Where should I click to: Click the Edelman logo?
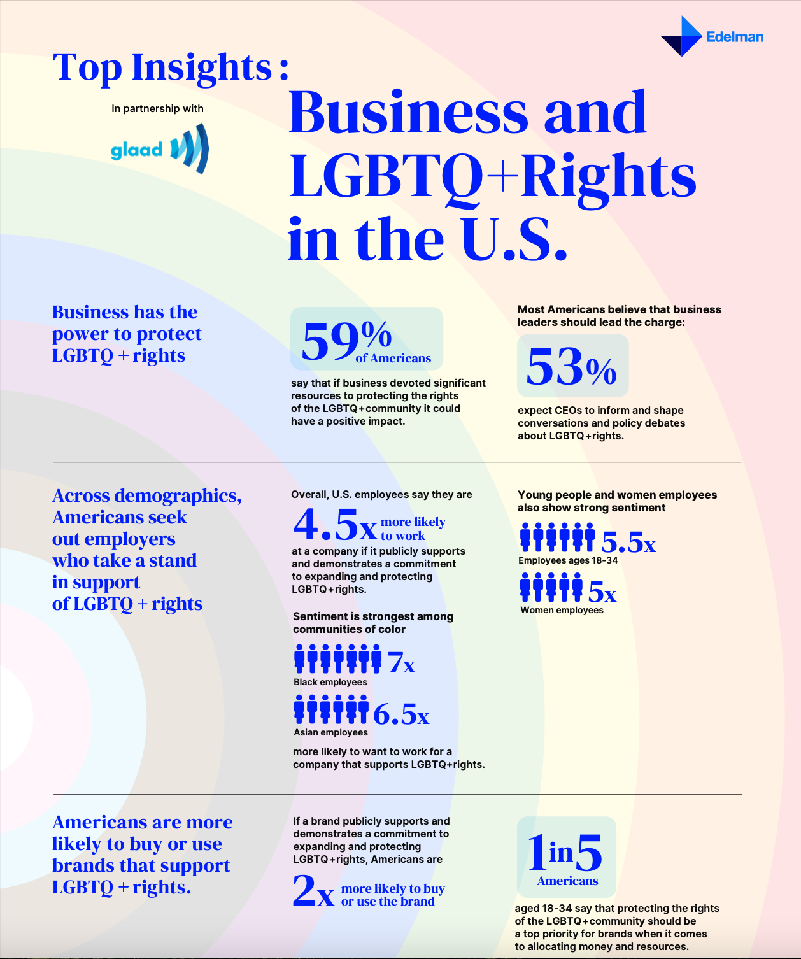(712, 36)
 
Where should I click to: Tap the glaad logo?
(159, 149)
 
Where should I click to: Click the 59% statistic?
(347, 340)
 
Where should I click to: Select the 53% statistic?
(572, 367)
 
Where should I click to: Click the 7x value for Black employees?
(401, 663)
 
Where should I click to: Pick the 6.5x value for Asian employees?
(401, 714)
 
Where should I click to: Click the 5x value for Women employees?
(602, 592)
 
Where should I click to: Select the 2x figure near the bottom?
(313, 891)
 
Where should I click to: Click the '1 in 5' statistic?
(565, 853)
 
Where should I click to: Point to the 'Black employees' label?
(330, 682)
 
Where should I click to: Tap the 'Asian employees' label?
(330, 732)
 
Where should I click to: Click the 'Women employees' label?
(562, 610)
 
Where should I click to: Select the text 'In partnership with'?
(157, 108)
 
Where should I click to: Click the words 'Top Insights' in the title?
(163, 67)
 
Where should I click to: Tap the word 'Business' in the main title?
(408, 113)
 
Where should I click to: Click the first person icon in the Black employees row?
(300, 658)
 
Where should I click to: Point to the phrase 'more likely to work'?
(413, 529)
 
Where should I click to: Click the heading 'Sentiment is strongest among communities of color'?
(373, 623)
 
